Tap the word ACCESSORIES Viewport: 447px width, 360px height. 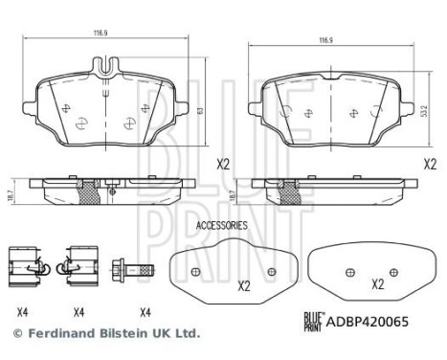point(221,225)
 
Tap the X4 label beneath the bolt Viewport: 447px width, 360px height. point(145,311)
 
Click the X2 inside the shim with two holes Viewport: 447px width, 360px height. point(243,285)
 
